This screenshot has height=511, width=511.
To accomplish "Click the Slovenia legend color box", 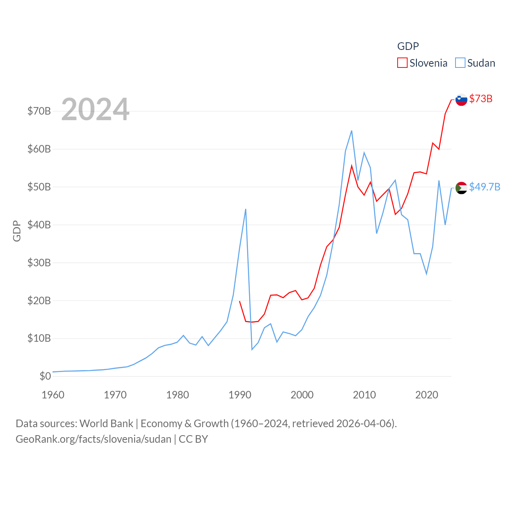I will [x=402, y=63].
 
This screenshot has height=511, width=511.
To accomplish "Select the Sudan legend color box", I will [x=460, y=63].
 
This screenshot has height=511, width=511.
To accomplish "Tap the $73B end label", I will [x=481, y=99].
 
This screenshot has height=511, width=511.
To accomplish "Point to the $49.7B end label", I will [x=485, y=187].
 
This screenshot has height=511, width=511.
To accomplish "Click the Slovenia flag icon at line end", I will [x=461, y=99].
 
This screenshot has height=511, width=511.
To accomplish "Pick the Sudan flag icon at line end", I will [x=461, y=188].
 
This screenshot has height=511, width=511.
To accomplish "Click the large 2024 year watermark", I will [x=95, y=109].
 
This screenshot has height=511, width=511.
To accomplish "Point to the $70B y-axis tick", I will [x=39, y=111].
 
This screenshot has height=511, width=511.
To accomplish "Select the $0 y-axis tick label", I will [x=45, y=376].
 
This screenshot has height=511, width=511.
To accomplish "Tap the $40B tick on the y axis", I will [x=39, y=225].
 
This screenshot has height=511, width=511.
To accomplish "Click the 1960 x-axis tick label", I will [x=53, y=395].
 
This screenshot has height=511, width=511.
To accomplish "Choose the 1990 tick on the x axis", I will [x=240, y=395].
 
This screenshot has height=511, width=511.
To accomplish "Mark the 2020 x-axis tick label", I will [x=427, y=395].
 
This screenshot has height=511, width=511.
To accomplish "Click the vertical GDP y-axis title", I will [x=17, y=231].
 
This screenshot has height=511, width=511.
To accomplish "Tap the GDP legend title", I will [x=408, y=46].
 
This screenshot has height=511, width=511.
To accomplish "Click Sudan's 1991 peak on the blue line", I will [x=246, y=209].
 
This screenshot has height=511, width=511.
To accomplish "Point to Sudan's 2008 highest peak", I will [x=351, y=131].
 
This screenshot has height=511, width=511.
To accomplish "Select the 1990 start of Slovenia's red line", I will [x=240, y=301].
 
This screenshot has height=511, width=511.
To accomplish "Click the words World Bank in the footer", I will [x=107, y=423].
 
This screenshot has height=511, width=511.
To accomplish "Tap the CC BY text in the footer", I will [x=193, y=439].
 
